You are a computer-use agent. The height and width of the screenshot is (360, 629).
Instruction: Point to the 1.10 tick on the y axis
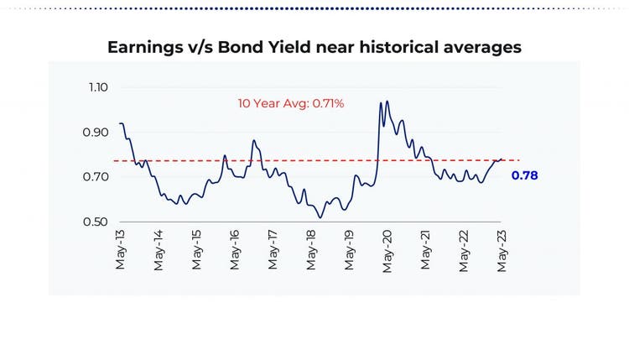97,87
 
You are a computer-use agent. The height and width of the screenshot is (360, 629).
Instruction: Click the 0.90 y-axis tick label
97,133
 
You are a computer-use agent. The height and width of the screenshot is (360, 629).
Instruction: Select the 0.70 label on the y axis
97,177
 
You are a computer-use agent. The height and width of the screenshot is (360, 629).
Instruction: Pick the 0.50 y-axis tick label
97,222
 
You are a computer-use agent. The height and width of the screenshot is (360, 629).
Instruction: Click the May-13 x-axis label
121,250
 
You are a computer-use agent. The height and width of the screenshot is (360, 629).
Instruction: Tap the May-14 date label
159,250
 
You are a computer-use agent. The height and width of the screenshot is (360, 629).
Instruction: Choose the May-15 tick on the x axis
197,250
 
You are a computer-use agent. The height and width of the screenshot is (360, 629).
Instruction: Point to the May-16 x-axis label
235,250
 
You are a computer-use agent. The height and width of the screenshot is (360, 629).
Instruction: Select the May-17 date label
273,250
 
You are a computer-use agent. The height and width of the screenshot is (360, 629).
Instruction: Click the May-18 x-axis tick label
311,250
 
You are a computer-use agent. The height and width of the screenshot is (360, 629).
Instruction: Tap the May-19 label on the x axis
349,250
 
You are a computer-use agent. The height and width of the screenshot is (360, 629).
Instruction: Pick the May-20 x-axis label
387,250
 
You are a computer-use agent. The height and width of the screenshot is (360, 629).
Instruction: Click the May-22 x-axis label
464,250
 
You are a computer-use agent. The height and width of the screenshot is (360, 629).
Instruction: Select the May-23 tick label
502,250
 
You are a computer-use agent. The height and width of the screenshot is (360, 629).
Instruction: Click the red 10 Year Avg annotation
291,103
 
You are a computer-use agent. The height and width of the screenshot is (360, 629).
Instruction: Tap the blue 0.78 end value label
524,175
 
